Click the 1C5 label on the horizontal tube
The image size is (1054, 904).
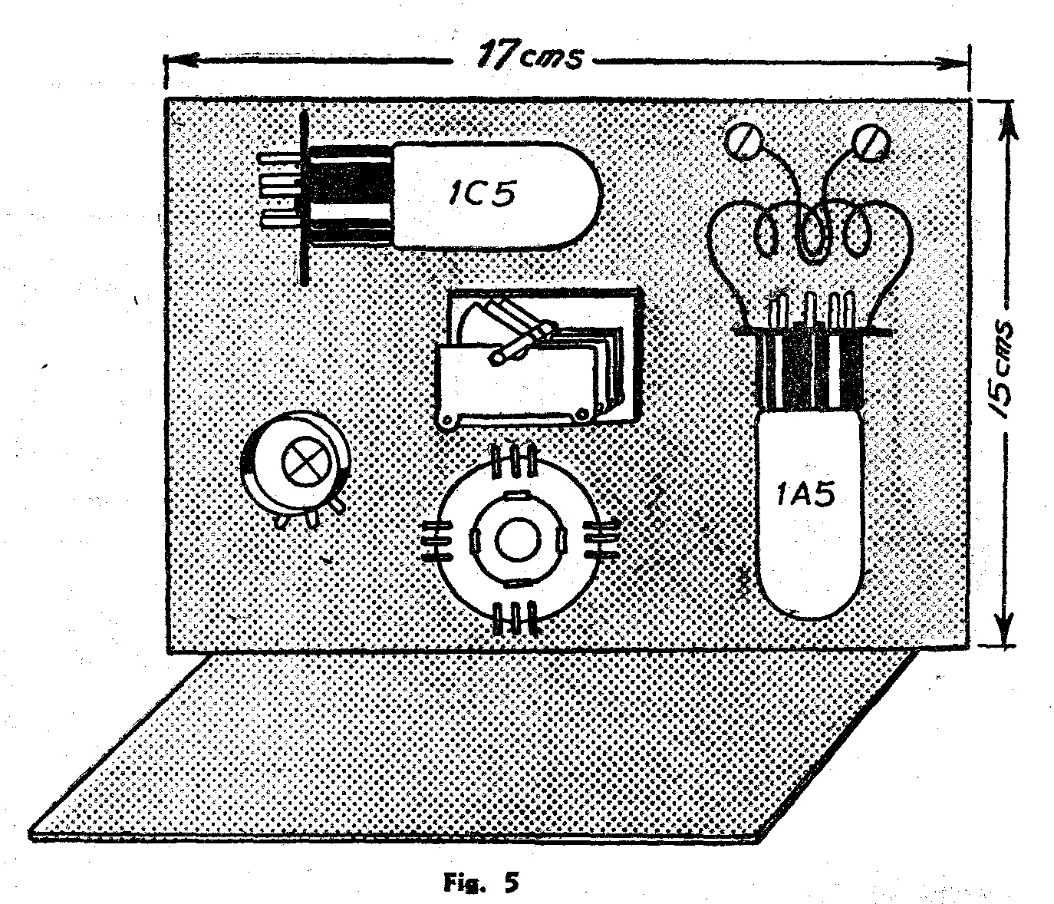pos(482,194)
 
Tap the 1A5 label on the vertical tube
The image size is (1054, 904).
pos(805,495)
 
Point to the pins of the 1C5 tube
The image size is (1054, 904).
pos(278,191)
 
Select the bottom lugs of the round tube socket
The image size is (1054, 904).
pos(515,619)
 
